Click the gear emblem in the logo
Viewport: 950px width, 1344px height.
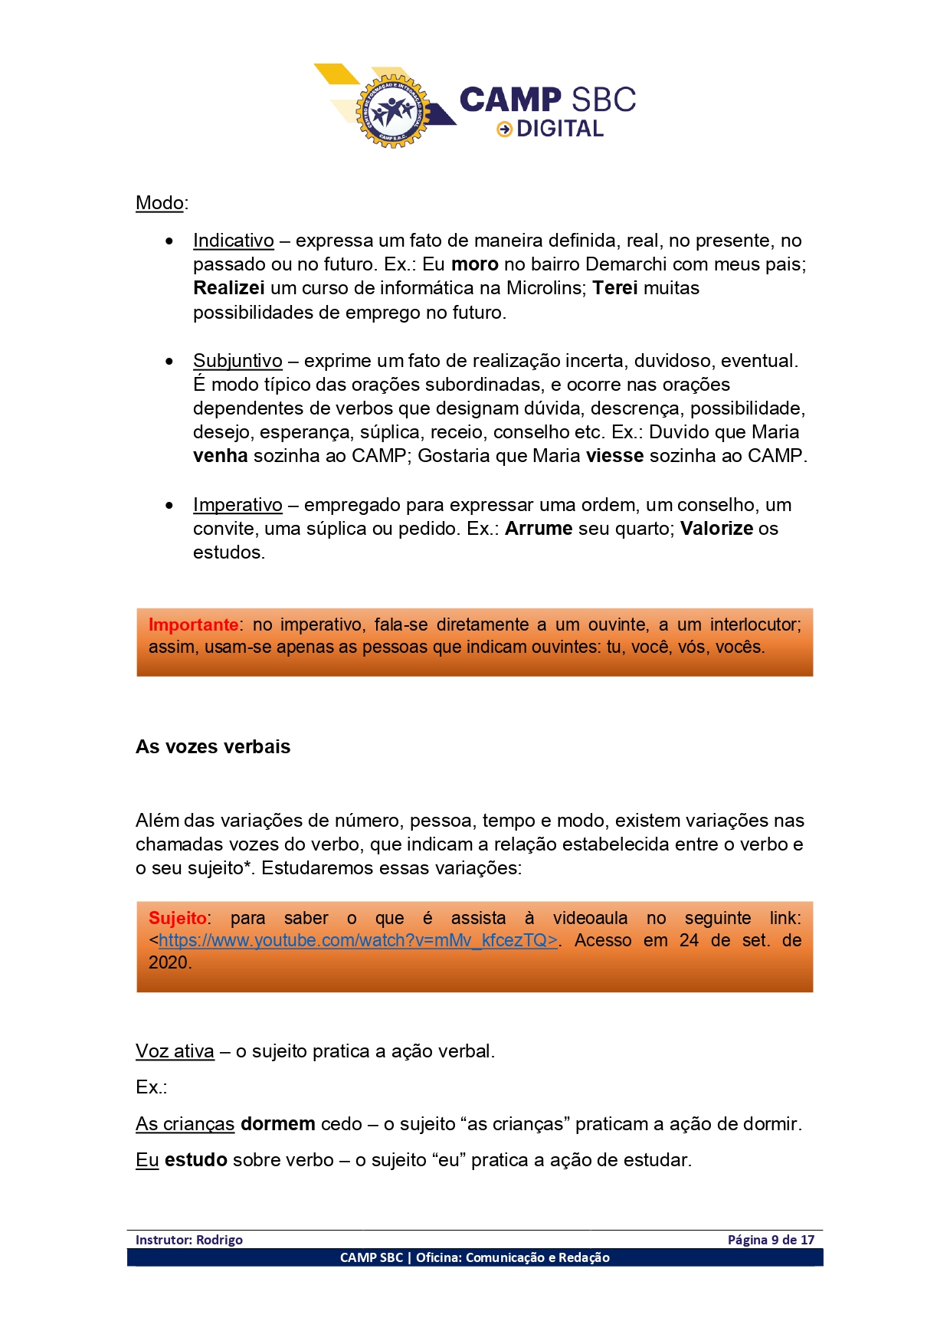click(393, 110)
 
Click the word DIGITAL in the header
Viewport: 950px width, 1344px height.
click(560, 129)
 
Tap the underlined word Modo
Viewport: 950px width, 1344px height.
click(159, 203)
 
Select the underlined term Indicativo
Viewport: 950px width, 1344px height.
click(233, 241)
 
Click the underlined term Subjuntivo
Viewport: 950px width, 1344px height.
click(237, 361)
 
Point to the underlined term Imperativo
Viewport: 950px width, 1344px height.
click(237, 505)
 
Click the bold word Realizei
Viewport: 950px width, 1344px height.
click(228, 288)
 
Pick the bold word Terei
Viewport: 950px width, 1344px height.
click(615, 288)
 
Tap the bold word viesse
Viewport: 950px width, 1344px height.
click(614, 456)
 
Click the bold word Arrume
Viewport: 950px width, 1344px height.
click(539, 529)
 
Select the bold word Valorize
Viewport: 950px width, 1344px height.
click(717, 529)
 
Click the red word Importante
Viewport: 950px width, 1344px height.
click(193, 624)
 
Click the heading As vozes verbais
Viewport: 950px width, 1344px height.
click(213, 747)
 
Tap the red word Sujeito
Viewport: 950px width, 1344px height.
click(178, 918)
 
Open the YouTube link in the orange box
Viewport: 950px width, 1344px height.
click(358, 940)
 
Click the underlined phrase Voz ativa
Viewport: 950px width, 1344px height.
click(175, 1051)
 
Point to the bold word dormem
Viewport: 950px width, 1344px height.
click(277, 1124)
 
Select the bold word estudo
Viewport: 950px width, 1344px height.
click(195, 1160)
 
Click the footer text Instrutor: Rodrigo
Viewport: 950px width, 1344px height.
click(189, 1240)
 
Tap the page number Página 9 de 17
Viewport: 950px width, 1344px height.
click(771, 1240)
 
